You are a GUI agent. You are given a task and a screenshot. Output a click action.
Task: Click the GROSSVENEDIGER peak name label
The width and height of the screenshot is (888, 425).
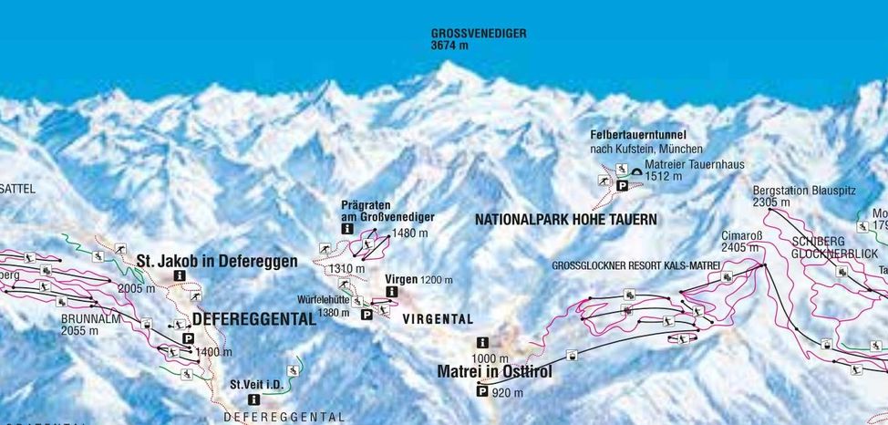(479, 33)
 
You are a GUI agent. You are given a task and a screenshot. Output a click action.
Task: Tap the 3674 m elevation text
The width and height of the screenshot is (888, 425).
(450, 45)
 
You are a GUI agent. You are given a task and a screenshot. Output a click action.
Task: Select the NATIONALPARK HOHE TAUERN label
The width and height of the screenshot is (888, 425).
(565, 220)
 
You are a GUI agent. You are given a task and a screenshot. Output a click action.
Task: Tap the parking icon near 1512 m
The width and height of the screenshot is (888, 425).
(623, 184)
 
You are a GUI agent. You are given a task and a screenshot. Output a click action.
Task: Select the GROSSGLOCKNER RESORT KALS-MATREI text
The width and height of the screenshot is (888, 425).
(635, 264)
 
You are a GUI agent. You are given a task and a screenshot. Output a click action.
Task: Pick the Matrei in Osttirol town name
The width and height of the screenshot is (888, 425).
(494, 372)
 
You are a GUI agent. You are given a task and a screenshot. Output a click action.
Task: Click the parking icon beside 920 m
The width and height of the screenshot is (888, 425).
(481, 392)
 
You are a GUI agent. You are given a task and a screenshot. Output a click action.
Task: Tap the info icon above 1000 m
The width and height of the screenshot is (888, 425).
(480, 342)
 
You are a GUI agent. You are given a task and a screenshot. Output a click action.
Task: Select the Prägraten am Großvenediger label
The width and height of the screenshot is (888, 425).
(387, 211)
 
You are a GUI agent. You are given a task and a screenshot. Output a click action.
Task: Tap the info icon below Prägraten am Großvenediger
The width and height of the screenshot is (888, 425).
(347, 230)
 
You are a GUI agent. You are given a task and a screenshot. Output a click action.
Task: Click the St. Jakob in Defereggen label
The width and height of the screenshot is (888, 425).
(216, 261)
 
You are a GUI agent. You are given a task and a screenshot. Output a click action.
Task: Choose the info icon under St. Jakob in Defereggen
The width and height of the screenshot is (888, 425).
(180, 275)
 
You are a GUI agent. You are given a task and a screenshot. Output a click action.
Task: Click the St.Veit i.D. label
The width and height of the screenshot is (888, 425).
(252, 384)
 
